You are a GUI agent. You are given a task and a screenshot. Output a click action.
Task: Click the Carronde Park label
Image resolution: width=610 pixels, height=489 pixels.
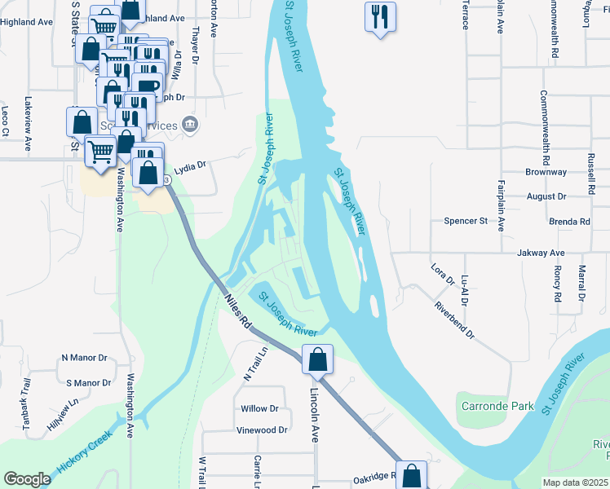tap(497, 406)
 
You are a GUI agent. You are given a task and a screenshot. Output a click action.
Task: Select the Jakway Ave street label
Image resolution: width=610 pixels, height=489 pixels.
tap(541, 253)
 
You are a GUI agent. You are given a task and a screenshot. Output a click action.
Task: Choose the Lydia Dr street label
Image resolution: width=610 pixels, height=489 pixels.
tap(191, 165)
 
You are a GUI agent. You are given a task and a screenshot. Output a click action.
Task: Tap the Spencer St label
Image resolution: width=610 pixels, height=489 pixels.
tap(465, 221)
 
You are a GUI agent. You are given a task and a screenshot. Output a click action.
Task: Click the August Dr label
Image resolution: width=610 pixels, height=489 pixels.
tap(546, 196)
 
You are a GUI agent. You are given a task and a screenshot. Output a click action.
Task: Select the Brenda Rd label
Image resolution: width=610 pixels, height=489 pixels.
tap(569, 222)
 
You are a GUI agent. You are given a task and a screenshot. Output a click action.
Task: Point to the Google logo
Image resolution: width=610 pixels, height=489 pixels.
tap(27, 479)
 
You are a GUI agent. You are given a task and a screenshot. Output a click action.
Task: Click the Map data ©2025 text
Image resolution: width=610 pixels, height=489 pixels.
tap(575, 482)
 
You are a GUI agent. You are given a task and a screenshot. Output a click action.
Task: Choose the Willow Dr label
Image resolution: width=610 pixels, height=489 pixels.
tap(259, 409)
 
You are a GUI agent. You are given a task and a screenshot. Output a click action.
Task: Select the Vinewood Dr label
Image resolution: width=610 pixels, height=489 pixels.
tap(262, 430)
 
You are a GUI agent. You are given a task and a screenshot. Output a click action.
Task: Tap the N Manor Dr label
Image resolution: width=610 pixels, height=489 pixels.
tap(85, 358)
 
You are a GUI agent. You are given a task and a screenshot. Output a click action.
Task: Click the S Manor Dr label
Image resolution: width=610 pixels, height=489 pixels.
tap(88, 382)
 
